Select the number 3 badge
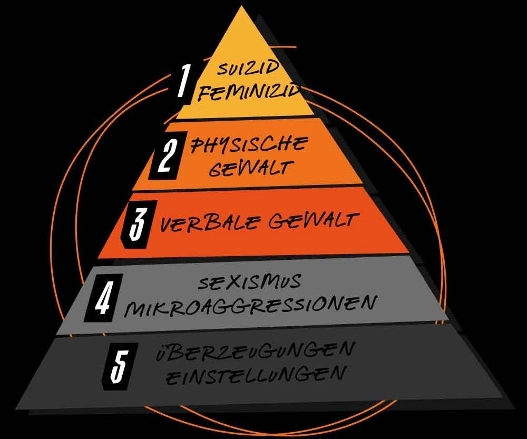tap(136, 223)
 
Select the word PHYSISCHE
tap(249, 143)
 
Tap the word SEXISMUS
tap(250, 282)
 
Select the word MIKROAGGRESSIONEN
tap(250, 306)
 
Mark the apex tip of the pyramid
tap(244, 7)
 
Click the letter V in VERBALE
tap(168, 225)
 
